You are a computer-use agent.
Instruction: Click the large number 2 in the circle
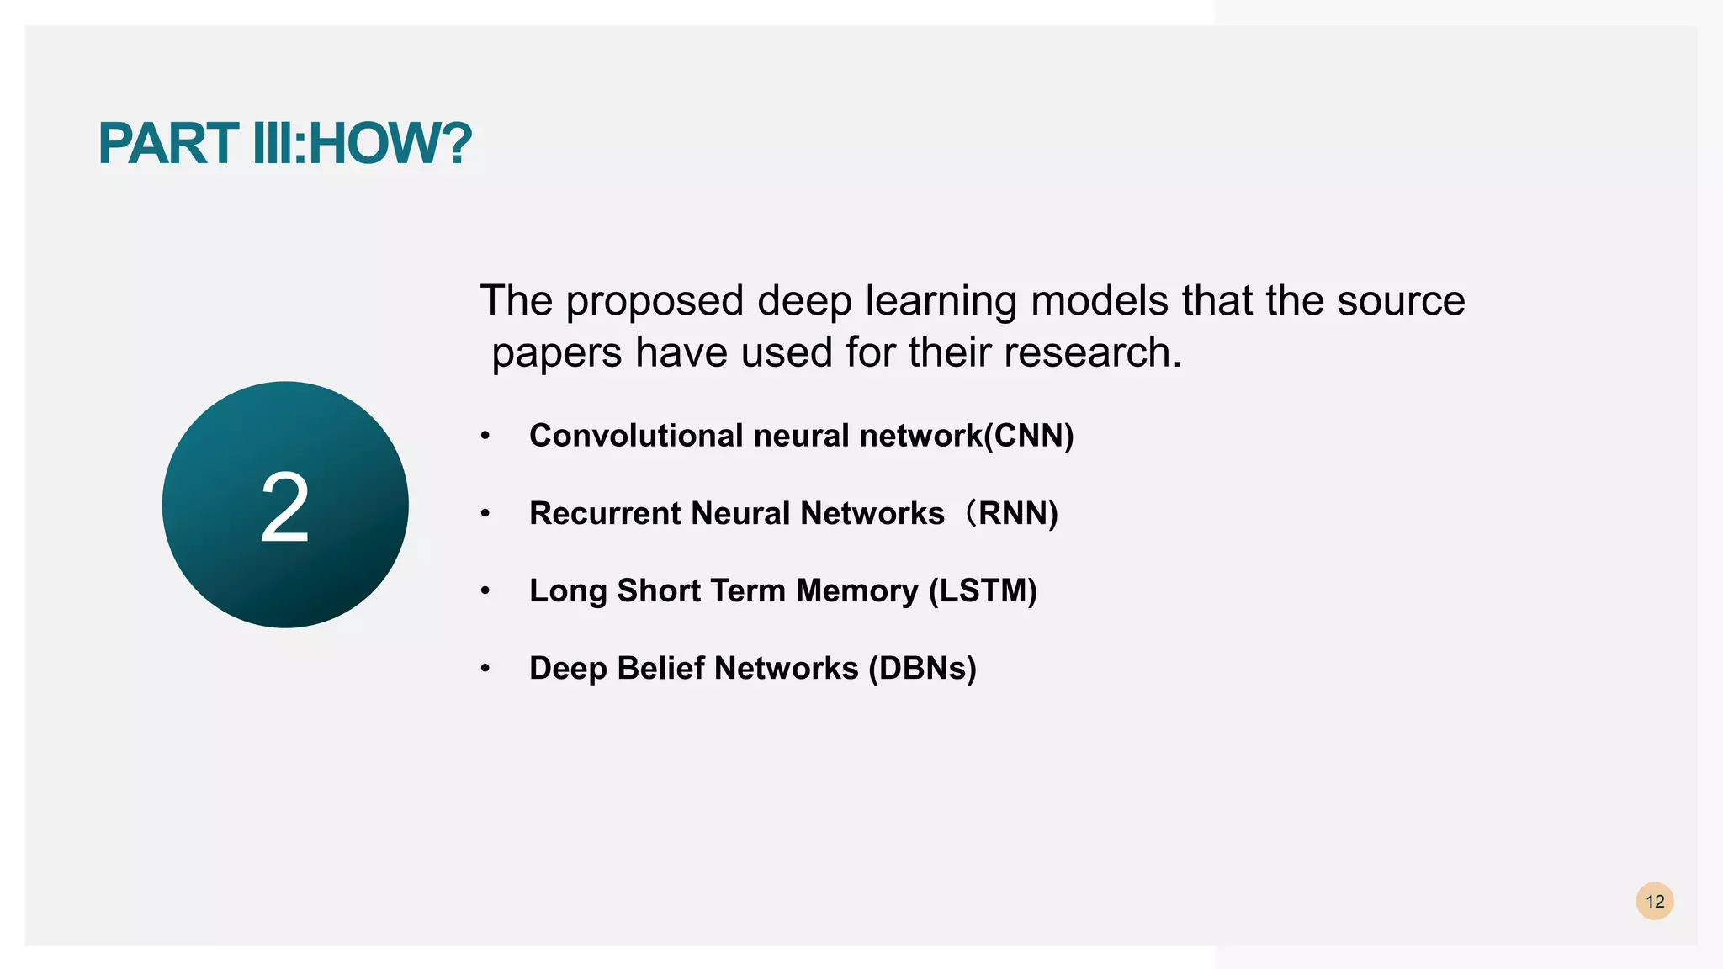pyautogui.click(x=285, y=507)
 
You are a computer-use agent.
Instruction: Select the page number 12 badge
pyautogui.click(x=1654, y=902)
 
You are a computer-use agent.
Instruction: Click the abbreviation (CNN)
pyautogui.click(x=1029, y=436)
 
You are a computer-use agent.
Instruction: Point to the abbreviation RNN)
pyautogui.click(x=1018, y=513)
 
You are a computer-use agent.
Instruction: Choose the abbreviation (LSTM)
pyautogui.click(x=983, y=590)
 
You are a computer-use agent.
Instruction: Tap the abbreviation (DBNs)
pyautogui.click(x=922, y=668)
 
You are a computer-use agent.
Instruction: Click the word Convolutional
pyautogui.click(x=636, y=436)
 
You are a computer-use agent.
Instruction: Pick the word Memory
pyautogui.click(x=857, y=590)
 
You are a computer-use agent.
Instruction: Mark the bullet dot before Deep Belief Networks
pyautogui.click(x=485, y=669)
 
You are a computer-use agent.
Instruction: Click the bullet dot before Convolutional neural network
pyautogui.click(x=485, y=437)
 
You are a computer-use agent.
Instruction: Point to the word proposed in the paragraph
pyautogui.click(x=655, y=301)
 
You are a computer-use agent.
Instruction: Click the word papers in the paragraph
pyautogui.click(x=557, y=352)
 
